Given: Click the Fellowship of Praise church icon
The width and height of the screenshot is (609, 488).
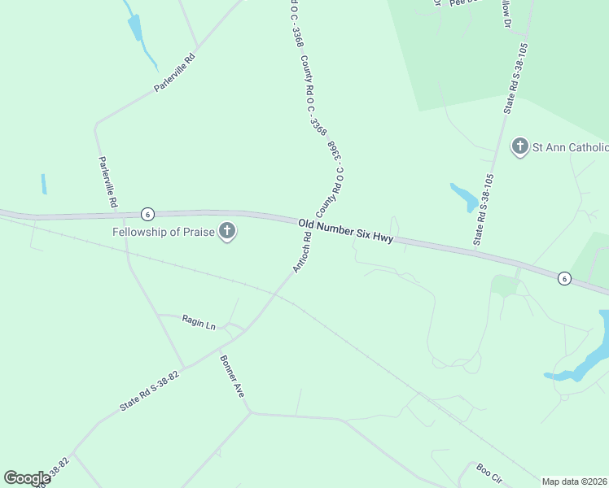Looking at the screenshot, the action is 227,233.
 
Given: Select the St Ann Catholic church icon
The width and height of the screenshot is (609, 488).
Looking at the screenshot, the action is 519,147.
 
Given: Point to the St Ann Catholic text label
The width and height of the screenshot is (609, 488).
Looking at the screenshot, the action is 570,147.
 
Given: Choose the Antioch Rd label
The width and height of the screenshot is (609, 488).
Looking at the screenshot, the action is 301,253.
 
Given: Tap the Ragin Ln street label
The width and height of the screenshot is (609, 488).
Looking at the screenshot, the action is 199,323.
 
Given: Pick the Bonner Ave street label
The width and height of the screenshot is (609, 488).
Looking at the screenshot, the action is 232,376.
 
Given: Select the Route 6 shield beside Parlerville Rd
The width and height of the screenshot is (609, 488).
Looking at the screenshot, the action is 147,214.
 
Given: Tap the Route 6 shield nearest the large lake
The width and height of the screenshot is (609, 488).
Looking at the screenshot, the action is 563,279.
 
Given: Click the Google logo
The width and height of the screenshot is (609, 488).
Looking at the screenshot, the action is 27,478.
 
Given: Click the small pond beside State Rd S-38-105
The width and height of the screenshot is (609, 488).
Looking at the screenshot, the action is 464,196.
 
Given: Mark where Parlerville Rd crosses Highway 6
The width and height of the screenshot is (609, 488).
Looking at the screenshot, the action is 122,216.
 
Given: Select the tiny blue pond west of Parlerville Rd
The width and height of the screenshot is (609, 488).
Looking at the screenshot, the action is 44,184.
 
